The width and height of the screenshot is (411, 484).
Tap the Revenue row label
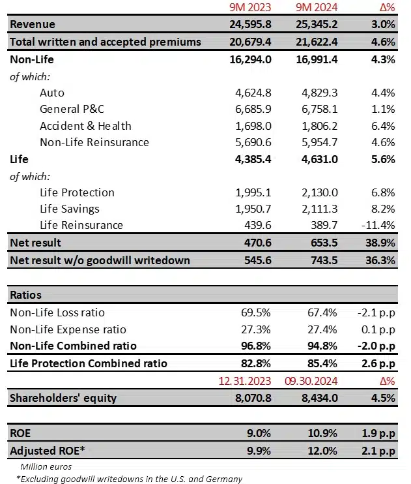pos(33,25)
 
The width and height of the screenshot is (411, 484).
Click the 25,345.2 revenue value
pos(315,25)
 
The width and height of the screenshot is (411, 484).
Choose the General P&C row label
pos(71,109)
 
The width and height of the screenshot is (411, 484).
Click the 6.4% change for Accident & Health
pos(382,126)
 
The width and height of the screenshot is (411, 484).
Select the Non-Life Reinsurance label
pos(94,142)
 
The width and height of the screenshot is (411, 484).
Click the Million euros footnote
pos(46,466)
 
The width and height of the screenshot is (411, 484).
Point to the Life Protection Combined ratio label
pos(89,363)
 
